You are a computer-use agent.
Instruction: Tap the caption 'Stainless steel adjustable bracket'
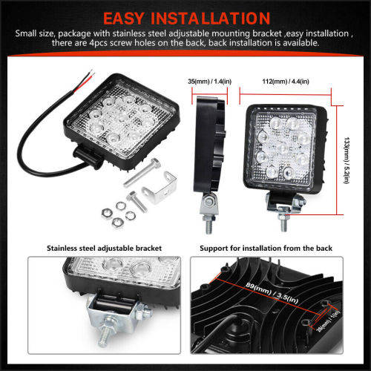[x=104, y=248]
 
